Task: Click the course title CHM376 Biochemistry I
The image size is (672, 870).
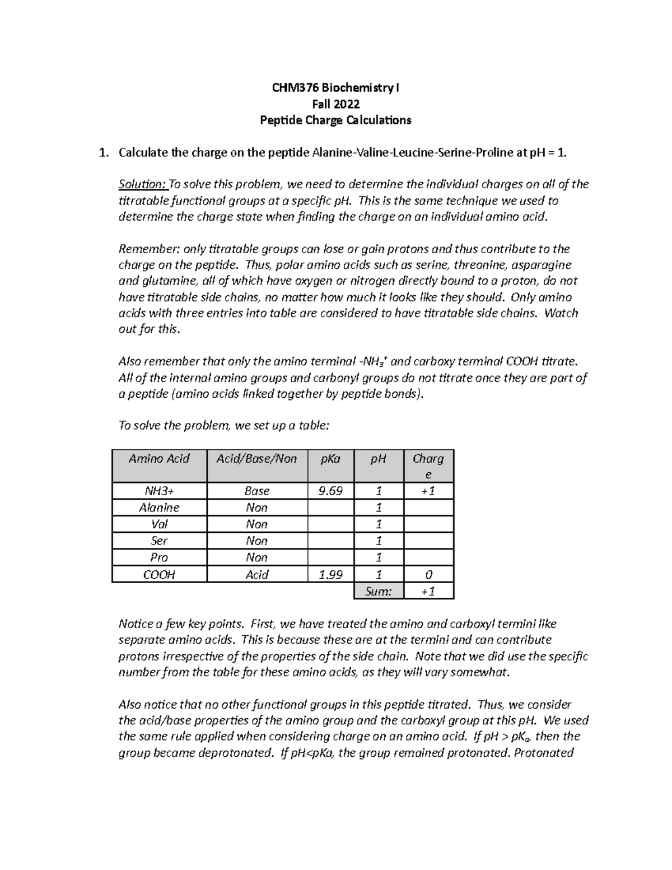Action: [x=335, y=88]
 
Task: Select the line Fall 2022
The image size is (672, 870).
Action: [x=335, y=104]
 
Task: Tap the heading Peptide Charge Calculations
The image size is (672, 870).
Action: [x=335, y=120]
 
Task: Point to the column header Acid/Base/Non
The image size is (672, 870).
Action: [x=256, y=459]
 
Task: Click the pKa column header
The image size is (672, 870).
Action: [x=330, y=459]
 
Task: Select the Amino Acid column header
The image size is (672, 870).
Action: [x=159, y=459]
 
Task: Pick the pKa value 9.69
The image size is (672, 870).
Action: [x=330, y=491]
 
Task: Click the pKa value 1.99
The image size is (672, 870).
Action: [x=330, y=575]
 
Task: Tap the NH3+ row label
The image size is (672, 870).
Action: [x=159, y=491]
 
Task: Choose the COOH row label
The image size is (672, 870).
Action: [x=159, y=575]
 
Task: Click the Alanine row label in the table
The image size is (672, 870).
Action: [x=159, y=508]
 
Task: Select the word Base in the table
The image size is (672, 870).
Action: [x=256, y=491]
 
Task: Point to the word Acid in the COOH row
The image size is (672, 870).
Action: [x=256, y=575]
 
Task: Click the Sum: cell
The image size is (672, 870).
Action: [x=378, y=591]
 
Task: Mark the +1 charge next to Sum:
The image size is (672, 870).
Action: [x=428, y=591]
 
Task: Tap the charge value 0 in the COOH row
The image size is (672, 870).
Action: [x=428, y=575]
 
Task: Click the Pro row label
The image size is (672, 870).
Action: [x=159, y=558]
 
